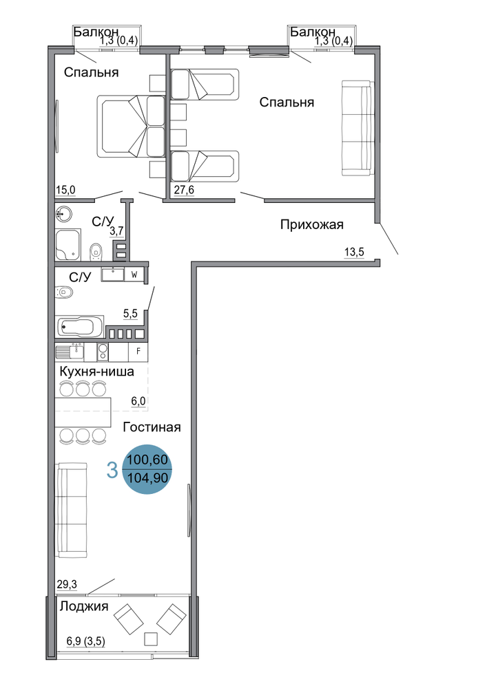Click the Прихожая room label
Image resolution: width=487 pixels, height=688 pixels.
(312, 225)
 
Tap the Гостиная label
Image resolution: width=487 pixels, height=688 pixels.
(152, 427)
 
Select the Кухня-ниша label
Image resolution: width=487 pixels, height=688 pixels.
(96, 372)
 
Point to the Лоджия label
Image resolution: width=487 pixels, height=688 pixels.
(84, 606)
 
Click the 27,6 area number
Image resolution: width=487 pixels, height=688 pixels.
(185, 190)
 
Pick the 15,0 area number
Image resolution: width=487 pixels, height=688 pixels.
(66, 190)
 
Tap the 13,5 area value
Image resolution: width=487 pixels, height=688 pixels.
(354, 252)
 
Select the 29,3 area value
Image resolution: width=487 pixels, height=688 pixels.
(67, 584)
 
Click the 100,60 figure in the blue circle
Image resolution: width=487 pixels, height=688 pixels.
(147, 460)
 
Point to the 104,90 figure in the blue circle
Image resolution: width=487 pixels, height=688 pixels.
(147, 477)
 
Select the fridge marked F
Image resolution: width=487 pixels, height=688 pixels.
(138, 352)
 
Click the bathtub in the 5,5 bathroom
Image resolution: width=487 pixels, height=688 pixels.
(79, 326)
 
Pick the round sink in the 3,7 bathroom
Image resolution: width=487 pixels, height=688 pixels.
(64, 215)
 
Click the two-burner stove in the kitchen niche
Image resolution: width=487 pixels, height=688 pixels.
(103, 352)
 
